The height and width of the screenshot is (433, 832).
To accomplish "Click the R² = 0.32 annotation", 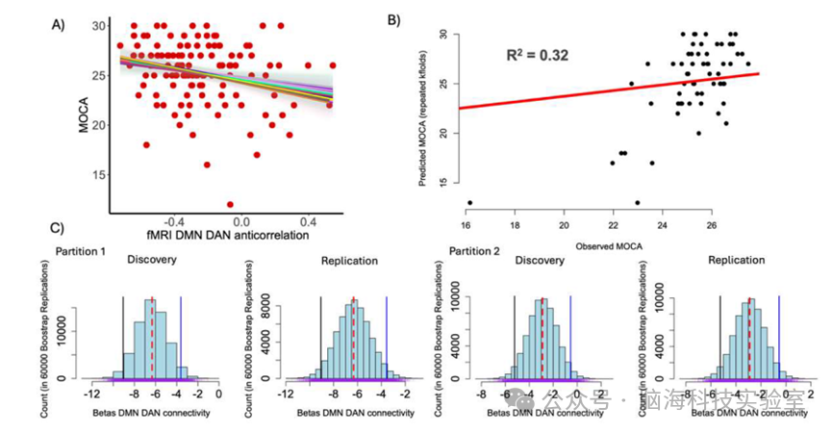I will pyautogui.click(x=538, y=56).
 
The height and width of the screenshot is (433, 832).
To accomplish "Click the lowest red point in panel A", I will pyautogui.click(x=230, y=204).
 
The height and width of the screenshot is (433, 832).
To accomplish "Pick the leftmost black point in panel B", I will pyautogui.click(x=469, y=203).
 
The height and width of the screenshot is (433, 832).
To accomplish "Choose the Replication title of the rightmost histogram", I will pyautogui.click(x=738, y=260).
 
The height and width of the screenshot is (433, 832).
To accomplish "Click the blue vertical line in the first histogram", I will pyautogui.click(x=181, y=337).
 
